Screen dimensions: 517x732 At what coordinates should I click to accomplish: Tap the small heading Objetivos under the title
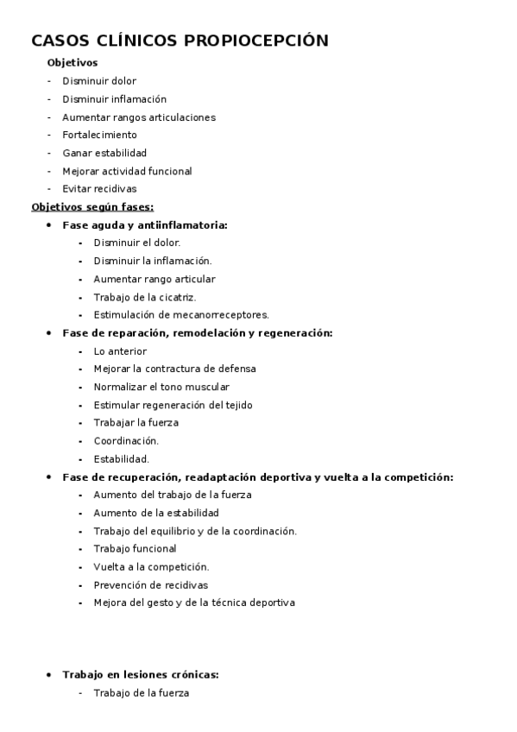[72, 63]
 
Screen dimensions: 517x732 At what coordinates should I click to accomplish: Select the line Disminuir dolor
[99, 81]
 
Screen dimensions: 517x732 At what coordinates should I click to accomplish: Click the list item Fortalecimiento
[99, 135]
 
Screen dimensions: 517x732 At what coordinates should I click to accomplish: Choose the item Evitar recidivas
[99, 189]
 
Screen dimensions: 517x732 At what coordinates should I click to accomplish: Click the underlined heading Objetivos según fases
[92, 207]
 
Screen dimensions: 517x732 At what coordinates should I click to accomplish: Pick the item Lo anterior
[120, 351]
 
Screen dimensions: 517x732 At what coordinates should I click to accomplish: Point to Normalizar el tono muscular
[161, 388]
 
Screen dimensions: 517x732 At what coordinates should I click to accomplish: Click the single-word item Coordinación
[126, 441]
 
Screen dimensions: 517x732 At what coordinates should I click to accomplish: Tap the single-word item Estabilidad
[122, 459]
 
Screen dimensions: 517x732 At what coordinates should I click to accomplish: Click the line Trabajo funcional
[135, 549]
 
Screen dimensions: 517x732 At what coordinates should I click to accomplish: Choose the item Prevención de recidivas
[151, 585]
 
